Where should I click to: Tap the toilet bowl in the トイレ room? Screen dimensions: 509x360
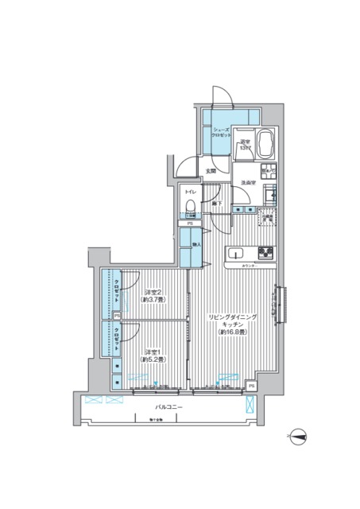pos(190,208)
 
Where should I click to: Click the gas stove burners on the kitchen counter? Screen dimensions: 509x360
pos(265,254)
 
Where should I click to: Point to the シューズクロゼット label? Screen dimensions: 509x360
pos(220,133)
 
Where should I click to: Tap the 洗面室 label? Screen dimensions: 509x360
pos(247,184)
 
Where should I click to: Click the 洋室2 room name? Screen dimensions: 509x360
pos(153,292)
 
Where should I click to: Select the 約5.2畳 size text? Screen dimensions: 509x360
pos(153,360)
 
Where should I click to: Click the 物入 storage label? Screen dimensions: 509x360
pos(195,246)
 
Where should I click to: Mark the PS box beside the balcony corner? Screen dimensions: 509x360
pos(251,386)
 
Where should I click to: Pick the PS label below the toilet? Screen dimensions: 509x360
pos(189,224)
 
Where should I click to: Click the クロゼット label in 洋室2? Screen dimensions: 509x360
pos(117,293)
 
